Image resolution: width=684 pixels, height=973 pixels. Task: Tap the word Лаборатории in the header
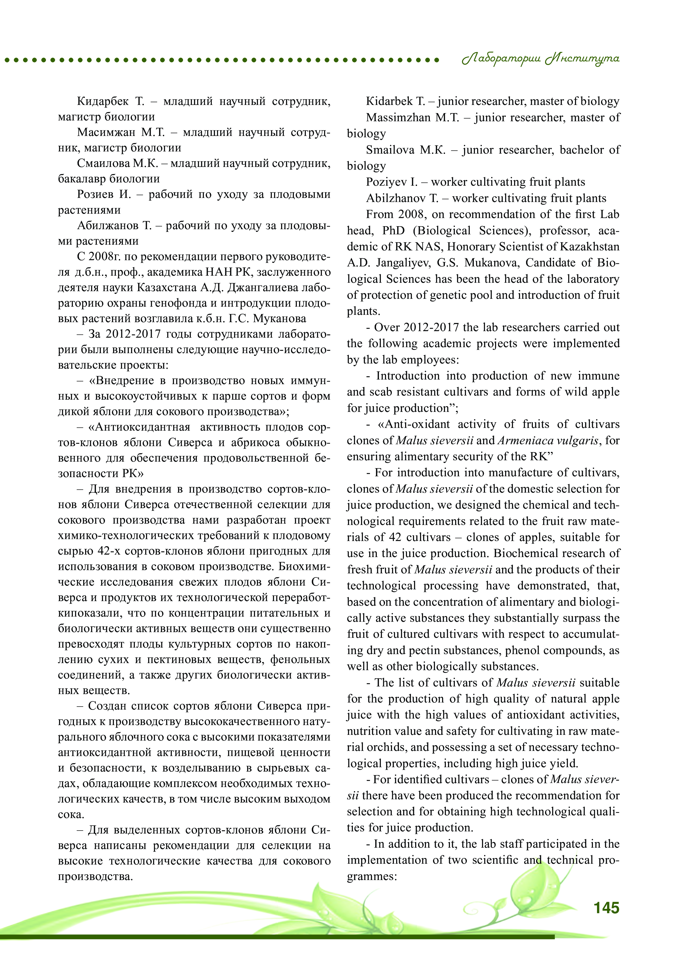click(501, 59)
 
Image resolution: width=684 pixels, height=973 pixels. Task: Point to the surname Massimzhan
click(398, 117)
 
